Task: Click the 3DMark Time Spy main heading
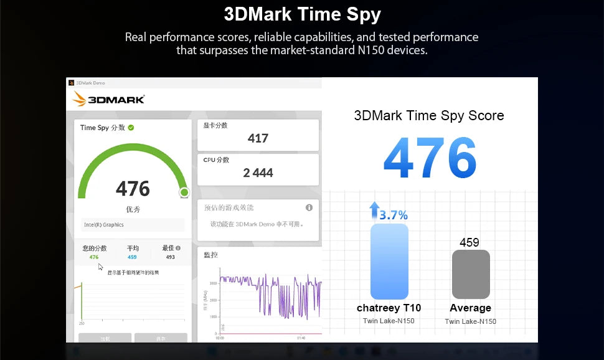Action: (x=302, y=14)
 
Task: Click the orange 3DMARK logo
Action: (x=108, y=99)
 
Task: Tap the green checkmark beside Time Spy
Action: (x=131, y=128)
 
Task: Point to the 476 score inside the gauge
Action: (x=133, y=188)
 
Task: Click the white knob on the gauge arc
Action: (x=184, y=192)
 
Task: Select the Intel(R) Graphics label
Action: (x=104, y=225)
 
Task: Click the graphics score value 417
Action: (x=258, y=138)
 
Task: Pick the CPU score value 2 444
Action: (x=258, y=173)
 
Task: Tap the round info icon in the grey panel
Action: (x=309, y=207)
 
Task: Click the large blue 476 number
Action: (x=430, y=158)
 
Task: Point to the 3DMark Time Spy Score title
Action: (x=429, y=115)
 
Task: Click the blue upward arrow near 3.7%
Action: (x=374, y=210)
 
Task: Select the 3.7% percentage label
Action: (x=394, y=216)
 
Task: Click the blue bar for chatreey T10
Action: (x=389, y=262)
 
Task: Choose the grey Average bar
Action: (x=471, y=274)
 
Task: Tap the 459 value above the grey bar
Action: (x=470, y=242)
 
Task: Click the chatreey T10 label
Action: (x=389, y=308)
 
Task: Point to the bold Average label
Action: (x=470, y=308)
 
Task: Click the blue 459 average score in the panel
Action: (x=132, y=257)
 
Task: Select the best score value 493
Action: (x=170, y=257)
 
